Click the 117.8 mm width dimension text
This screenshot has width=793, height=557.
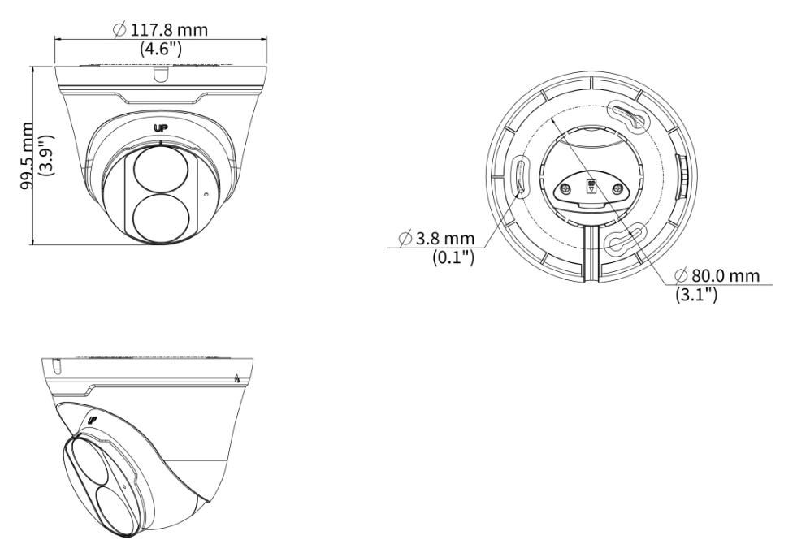coord(169,30)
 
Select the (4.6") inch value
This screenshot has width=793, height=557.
coord(161,49)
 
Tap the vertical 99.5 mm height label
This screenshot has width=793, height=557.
coord(27,156)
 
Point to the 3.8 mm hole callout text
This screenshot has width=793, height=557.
coord(445,238)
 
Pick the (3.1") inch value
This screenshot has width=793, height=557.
coord(696,295)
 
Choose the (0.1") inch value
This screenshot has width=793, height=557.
coord(453,257)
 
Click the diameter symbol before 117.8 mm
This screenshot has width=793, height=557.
coord(119,30)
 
